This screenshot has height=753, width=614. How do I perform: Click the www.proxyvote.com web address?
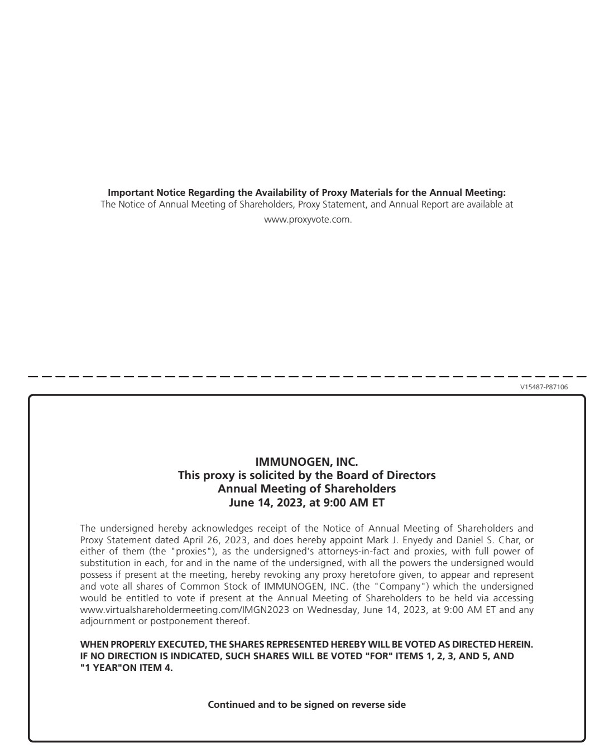point(308,219)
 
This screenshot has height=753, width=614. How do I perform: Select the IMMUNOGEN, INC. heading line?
point(306,462)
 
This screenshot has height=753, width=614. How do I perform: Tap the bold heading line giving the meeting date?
point(306,503)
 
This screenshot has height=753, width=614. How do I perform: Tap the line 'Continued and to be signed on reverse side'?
point(306,704)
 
